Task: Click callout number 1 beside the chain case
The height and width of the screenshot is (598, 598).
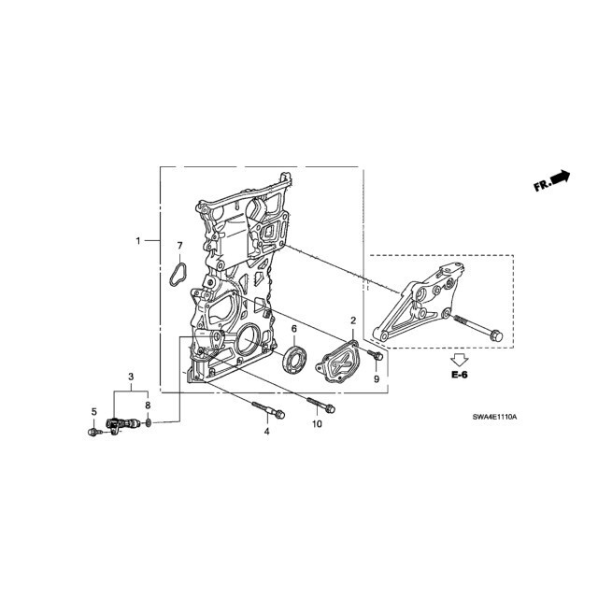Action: point(138,241)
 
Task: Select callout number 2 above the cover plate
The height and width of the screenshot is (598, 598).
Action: point(353,320)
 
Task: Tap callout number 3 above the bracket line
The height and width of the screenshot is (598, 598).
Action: point(131,377)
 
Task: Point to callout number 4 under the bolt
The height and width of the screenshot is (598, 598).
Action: point(267,432)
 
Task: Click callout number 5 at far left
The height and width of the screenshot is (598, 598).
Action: point(94,412)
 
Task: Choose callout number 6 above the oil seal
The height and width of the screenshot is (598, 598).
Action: point(294,329)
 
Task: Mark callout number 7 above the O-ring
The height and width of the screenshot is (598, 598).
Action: point(180,246)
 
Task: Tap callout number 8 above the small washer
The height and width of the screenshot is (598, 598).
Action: point(148,405)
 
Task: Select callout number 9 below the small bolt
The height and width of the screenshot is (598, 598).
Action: point(377,379)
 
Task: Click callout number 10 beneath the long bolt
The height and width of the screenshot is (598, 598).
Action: point(317,423)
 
